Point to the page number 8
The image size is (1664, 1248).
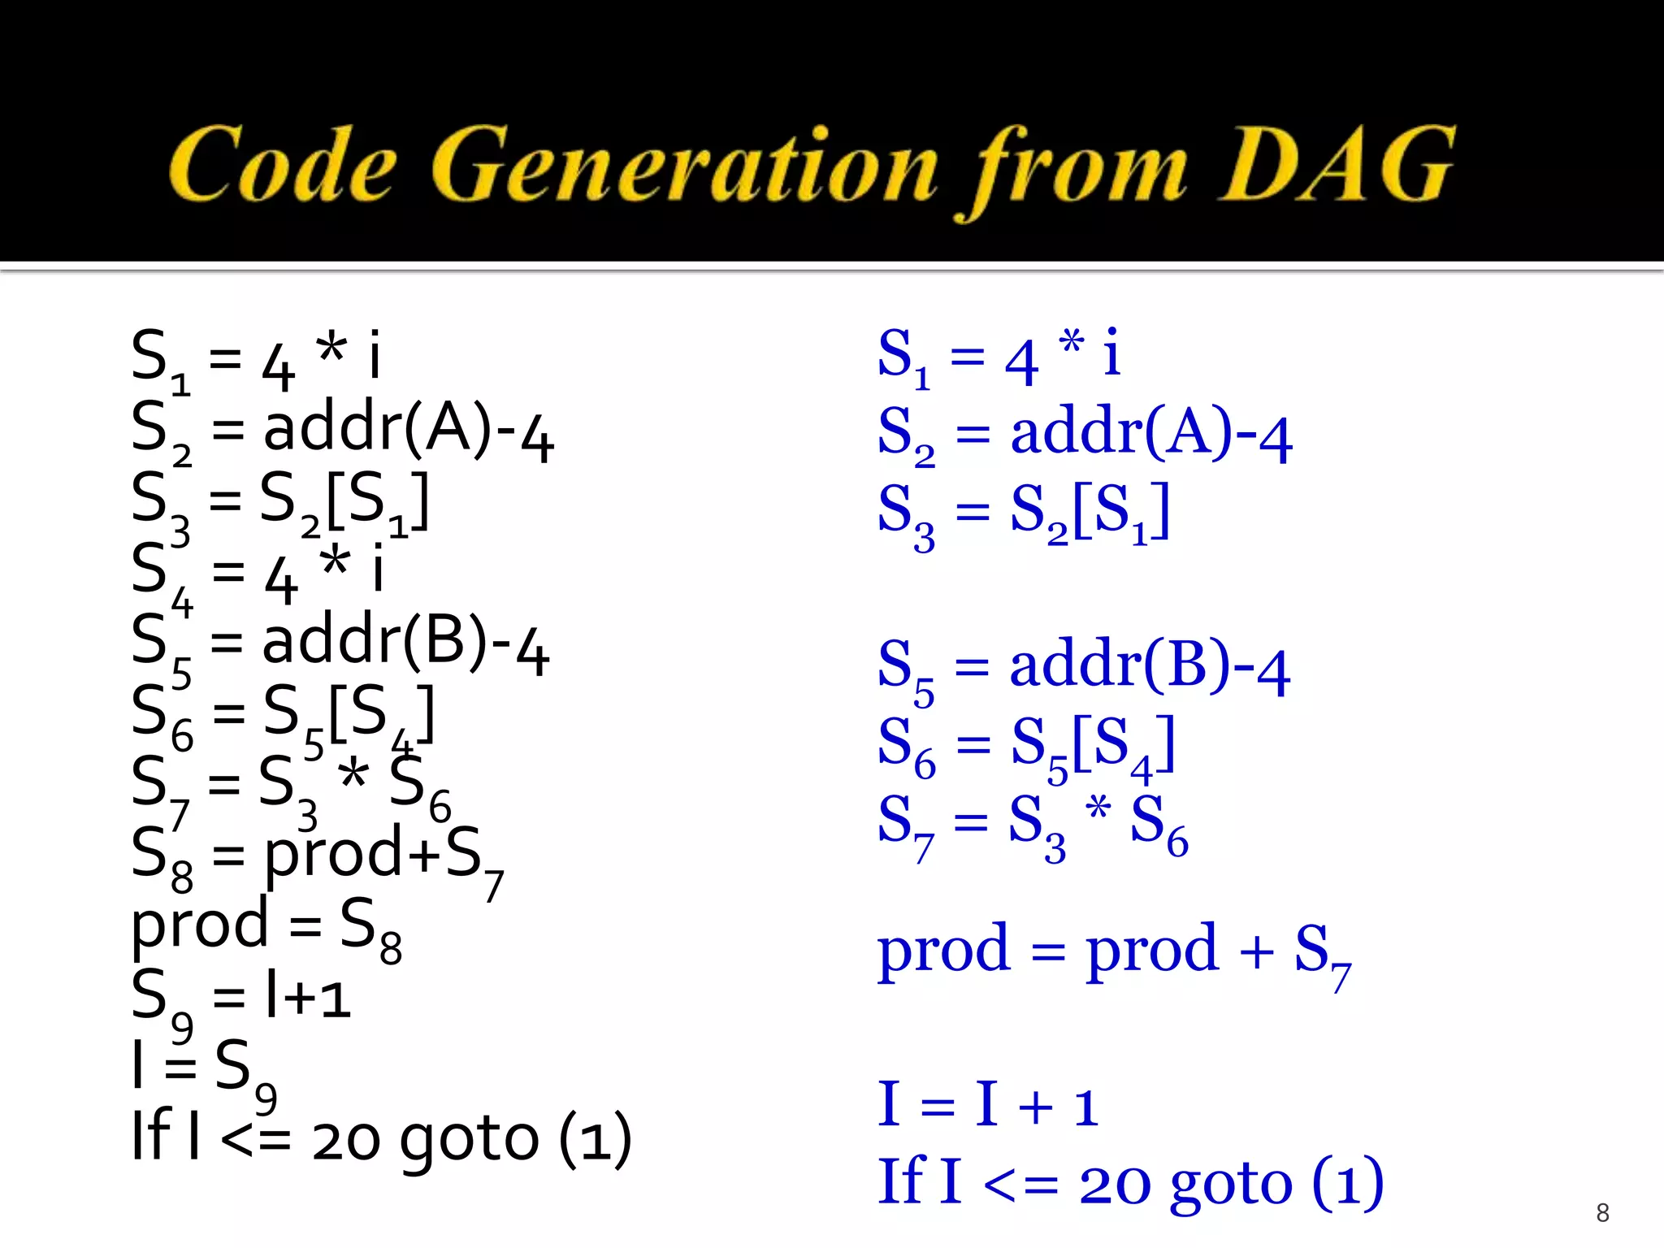pos(1602,1212)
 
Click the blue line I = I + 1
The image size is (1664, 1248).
pos(988,1106)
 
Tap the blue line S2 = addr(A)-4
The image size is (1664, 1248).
pos(1085,435)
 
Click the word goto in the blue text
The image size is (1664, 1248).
pos(1231,1185)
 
